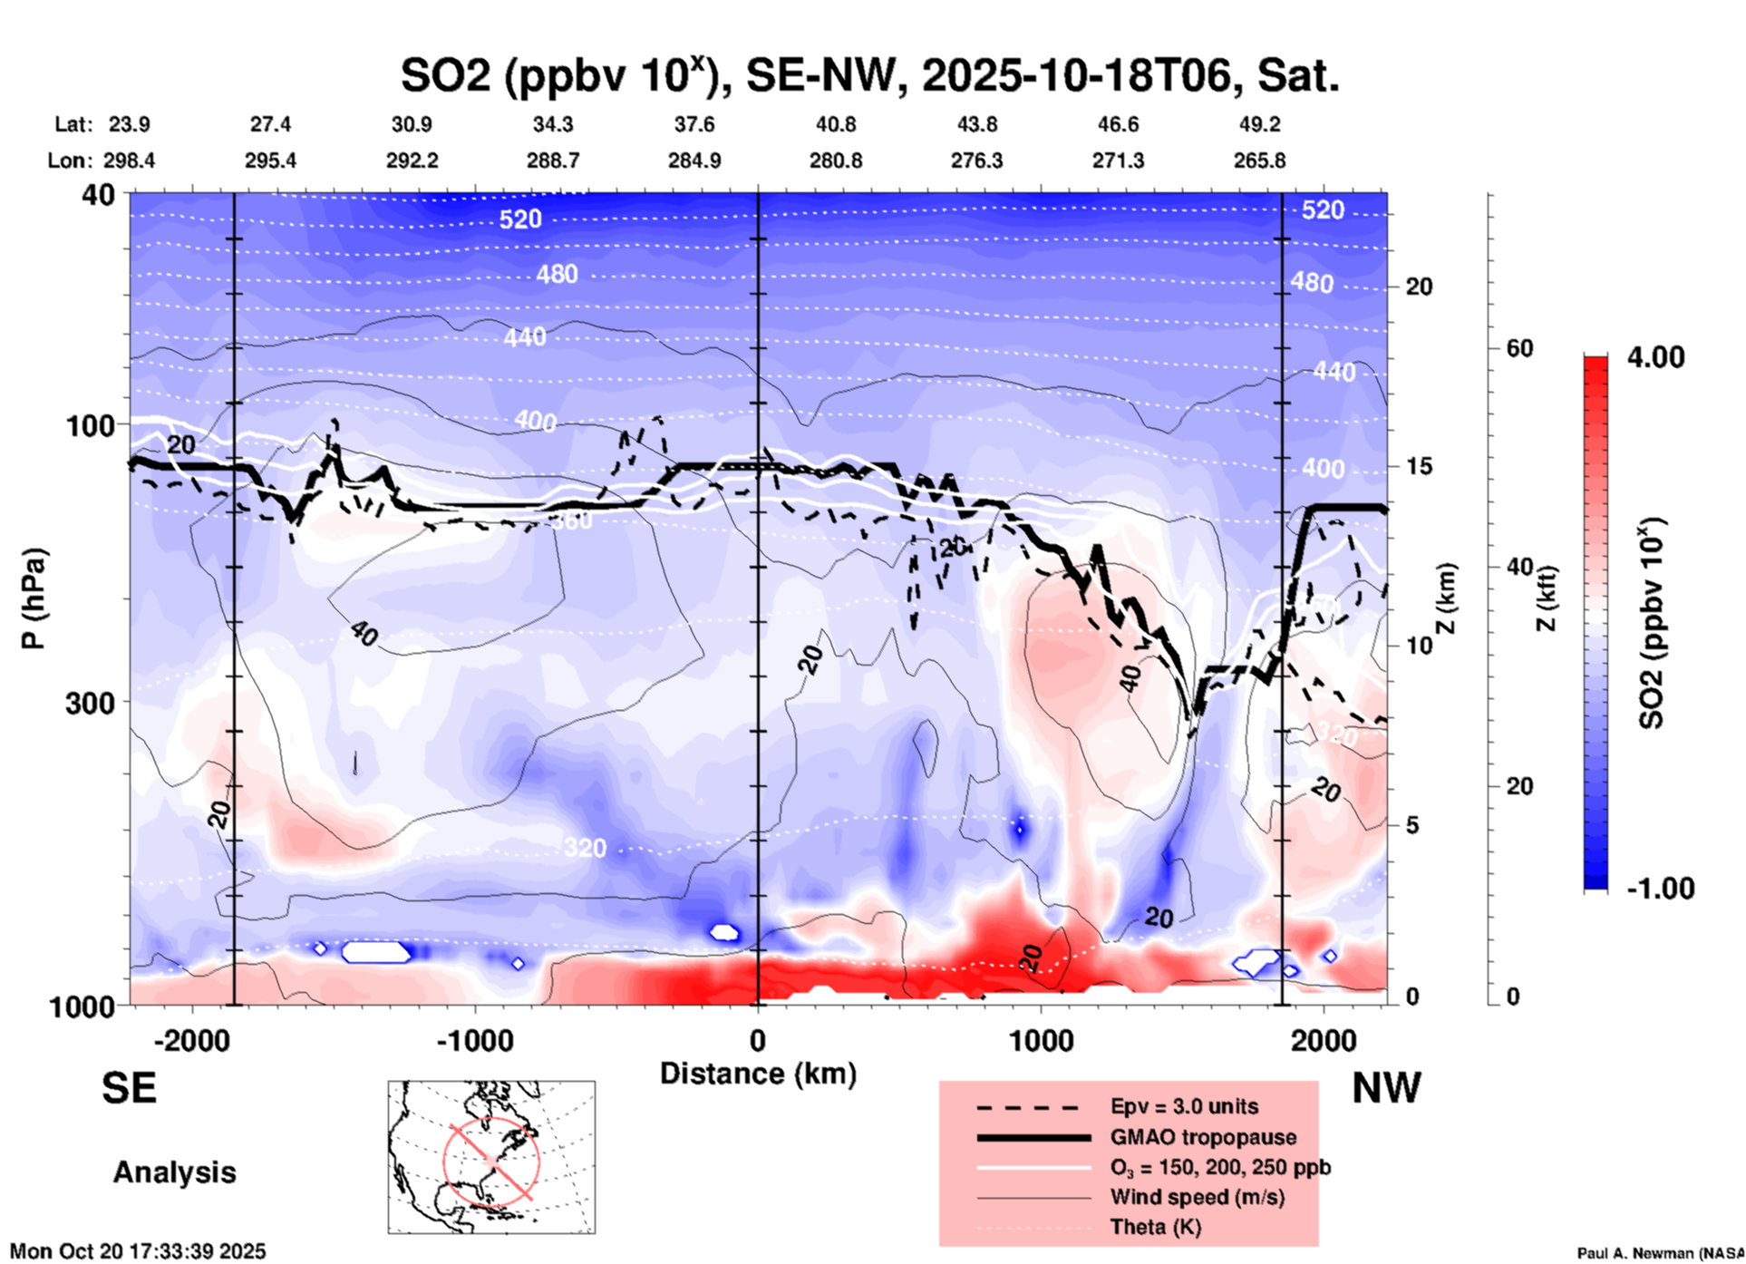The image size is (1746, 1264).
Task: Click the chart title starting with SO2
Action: click(x=869, y=76)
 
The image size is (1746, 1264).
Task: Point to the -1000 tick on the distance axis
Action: click(x=474, y=1040)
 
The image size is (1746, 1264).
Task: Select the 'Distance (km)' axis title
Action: click(x=758, y=1074)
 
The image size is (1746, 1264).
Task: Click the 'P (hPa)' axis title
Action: click(x=34, y=598)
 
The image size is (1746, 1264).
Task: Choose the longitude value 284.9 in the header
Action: click(x=694, y=160)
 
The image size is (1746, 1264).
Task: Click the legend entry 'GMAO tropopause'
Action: click(x=1203, y=1137)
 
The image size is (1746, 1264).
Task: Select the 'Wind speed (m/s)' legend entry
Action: click(x=1197, y=1197)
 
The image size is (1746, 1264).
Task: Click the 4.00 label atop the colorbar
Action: click(x=1655, y=357)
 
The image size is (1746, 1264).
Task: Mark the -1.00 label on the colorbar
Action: click(x=1660, y=888)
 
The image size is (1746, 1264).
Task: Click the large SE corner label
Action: click(x=129, y=1088)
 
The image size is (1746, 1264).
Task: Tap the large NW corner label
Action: click(x=1386, y=1088)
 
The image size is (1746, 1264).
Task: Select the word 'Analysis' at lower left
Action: click(x=174, y=1172)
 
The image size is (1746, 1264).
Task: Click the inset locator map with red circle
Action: click(x=491, y=1157)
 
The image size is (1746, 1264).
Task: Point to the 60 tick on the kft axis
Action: click(x=1518, y=348)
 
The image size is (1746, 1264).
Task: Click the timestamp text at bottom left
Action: click(x=138, y=1251)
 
